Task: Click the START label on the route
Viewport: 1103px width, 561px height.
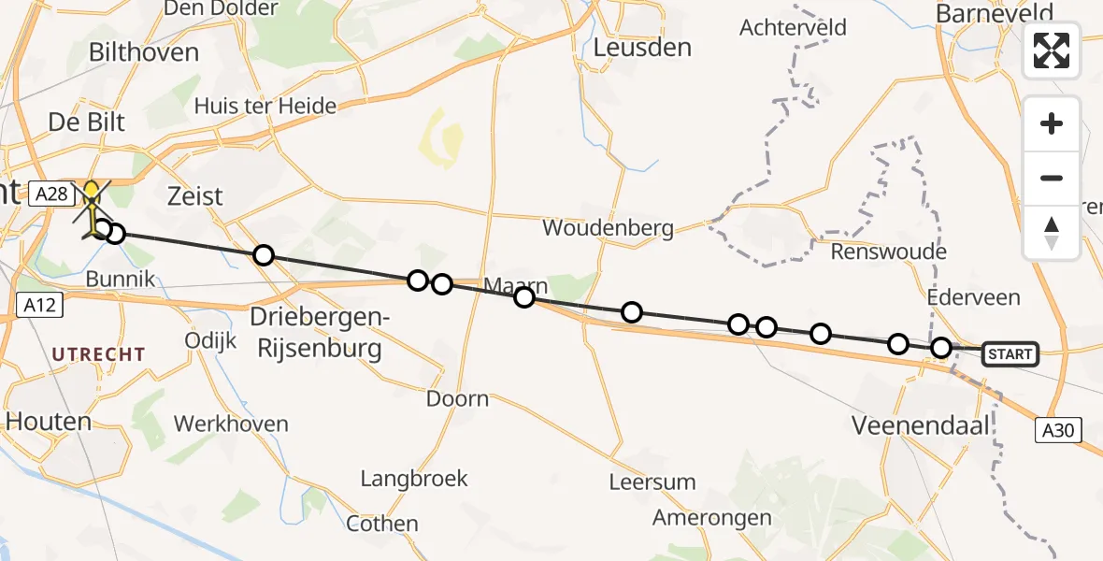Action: tap(1010, 354)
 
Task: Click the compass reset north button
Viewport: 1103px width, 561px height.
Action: tap(1052, 233)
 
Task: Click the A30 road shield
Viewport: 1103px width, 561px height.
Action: tap(1059, 430)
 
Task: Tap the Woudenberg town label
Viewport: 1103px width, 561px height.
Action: tap(609, 228)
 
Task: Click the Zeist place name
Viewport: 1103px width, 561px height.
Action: tap(194, 196)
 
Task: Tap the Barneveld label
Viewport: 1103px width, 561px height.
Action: tap(993, 13)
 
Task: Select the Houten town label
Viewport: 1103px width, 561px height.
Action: tap(49, 422)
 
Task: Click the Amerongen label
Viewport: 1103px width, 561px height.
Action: tap(712, 518)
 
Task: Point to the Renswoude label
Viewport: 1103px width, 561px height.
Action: tap(889, 252)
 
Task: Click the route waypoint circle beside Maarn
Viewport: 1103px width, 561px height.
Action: tap(524, 297)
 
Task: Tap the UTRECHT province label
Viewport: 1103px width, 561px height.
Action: tap(98, 354)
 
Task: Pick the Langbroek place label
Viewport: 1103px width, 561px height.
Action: tap(414, 479)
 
